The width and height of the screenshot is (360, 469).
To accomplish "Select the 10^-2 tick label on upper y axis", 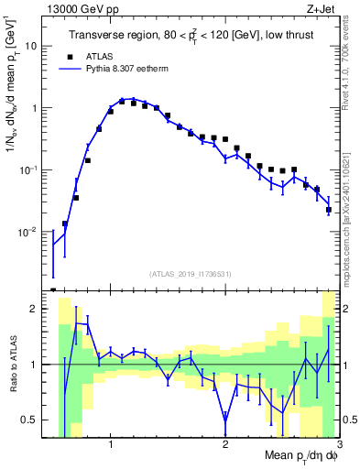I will click(29, 232).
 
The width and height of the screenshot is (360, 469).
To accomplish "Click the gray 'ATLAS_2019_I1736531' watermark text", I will click(191, 274).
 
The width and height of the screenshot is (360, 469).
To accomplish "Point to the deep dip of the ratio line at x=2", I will click(225, 420).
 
